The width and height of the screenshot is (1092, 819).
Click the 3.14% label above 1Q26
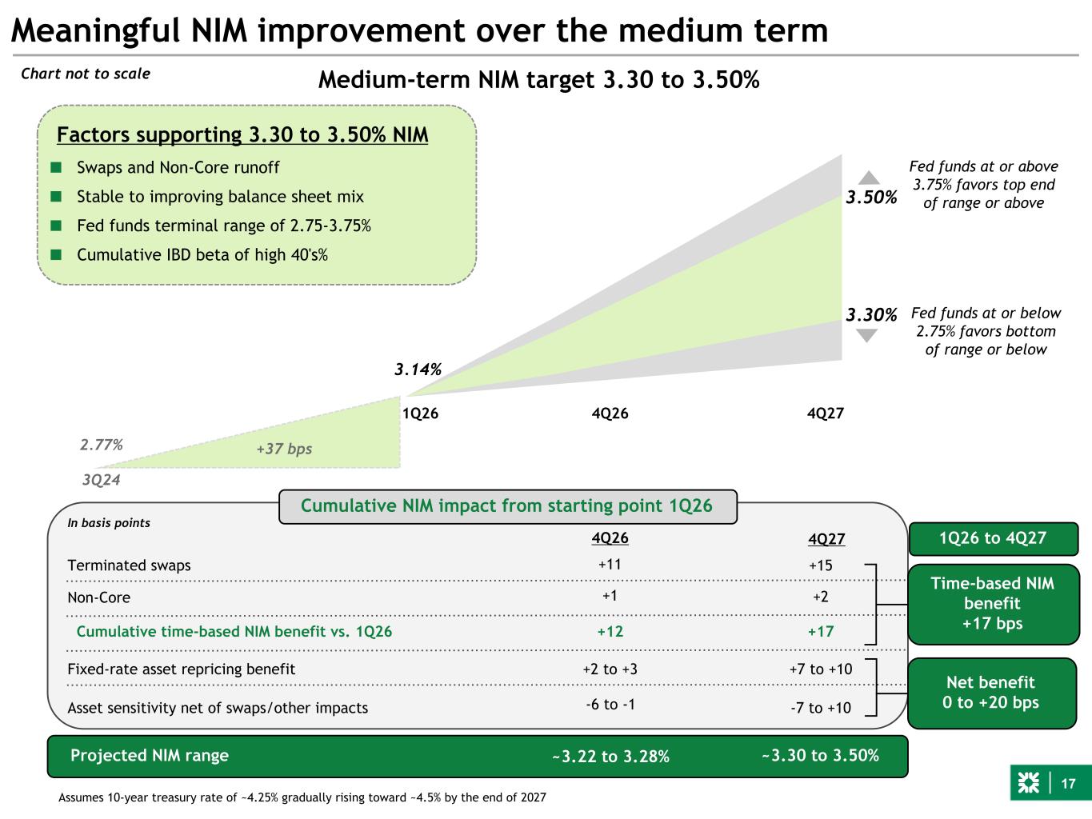coord(418,370)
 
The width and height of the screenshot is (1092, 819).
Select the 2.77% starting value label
coord(101,445)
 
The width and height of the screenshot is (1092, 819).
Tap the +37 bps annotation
coord(284,449)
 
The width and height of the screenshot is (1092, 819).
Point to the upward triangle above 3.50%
coord(869,178)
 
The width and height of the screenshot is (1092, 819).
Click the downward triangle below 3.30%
coord(866,335)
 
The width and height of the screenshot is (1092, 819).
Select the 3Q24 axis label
coord(101,480)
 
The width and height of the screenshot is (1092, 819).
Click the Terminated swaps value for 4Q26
coord(610,564)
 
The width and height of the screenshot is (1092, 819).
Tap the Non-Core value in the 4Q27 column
coord(820,597)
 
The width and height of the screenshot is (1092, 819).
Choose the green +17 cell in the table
coord(820,631)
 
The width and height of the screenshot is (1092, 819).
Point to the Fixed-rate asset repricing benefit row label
coord(181,669)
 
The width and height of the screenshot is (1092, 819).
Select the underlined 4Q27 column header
coord(826,540)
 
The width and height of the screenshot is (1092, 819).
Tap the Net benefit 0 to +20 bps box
coord(991,693)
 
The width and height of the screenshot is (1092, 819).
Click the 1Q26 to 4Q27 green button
coord(992,538)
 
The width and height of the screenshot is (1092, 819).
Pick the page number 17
coord(1069,784)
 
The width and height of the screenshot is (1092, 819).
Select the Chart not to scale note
coord(86,74)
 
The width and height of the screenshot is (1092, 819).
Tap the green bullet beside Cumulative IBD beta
coord(56,255)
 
